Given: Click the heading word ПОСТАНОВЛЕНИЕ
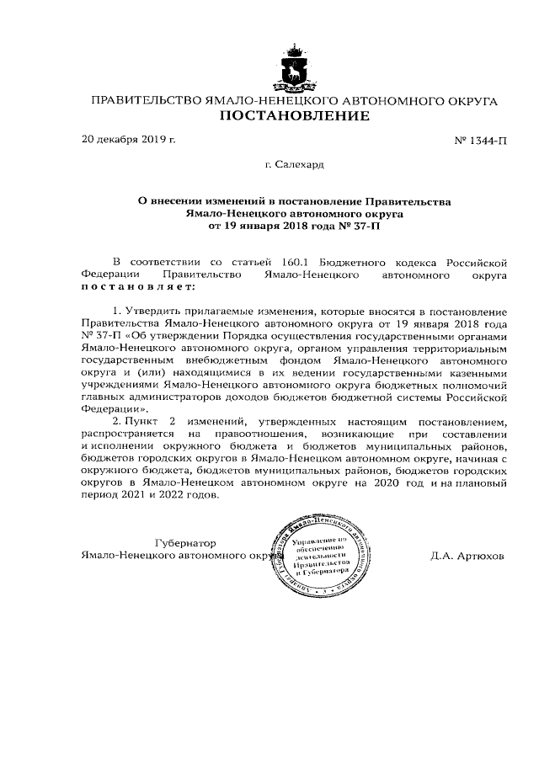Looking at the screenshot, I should coord(294,116).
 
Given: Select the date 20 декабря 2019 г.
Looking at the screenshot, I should coord(128,139).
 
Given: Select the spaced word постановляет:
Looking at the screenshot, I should coord(137,286).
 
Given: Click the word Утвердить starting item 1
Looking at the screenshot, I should coord(151,313).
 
